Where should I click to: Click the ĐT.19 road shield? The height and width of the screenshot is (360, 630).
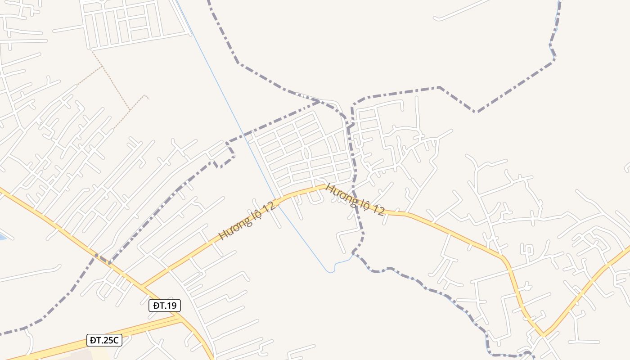pyautogui.click(x=165, y=306)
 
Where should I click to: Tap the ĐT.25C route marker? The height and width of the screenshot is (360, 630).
pyautogui.click(x=104, y=340)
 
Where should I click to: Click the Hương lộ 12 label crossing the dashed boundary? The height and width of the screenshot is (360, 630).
pyautogui.click(x=355, y=199)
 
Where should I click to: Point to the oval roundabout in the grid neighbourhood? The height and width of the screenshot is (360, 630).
pyautogui.click(x=306, y=153)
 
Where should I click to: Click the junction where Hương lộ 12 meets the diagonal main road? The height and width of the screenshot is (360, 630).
pyautogui.click(x=142, y=286)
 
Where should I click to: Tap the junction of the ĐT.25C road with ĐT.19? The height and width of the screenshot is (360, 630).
pyautogui.click(x=179, y=316)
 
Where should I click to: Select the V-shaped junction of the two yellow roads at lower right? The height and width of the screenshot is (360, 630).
pyautogui.click(x=543, y=335)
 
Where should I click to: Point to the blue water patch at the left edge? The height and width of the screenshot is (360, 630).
pyautogui.click(x=2, y=236)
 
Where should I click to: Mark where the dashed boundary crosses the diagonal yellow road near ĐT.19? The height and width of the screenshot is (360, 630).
pyautogui.click(x=103, y=260)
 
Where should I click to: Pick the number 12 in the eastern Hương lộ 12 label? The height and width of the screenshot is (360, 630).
pyautogui.click(x=378, y=210)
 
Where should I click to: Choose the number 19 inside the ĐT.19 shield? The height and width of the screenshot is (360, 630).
pyautogui.click(x=171, y=306)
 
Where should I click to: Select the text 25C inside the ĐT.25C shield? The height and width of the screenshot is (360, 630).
pyautogui.click(x=111, y=340)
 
